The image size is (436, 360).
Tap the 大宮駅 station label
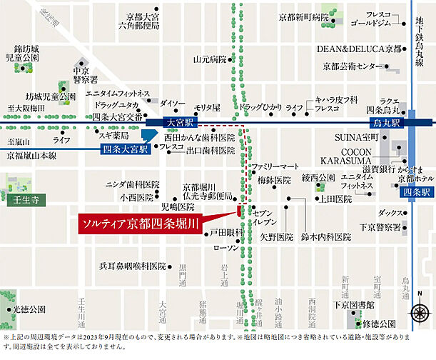click(178, 123)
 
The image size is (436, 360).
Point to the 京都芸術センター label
click(352, 66)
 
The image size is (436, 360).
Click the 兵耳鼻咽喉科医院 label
click(132, 266)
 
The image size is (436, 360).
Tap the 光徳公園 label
click(29, 309)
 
